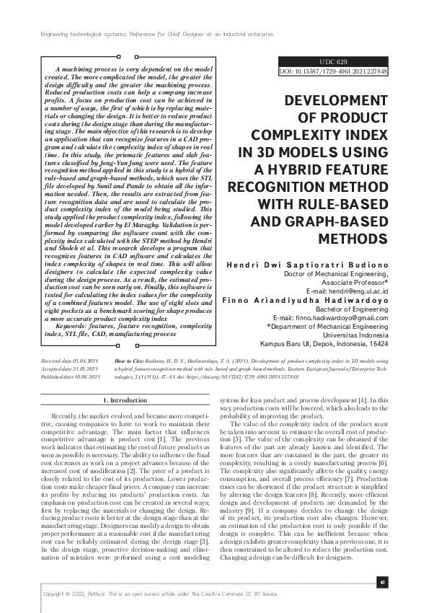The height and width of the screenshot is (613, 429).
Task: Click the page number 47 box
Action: pos(382,581)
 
